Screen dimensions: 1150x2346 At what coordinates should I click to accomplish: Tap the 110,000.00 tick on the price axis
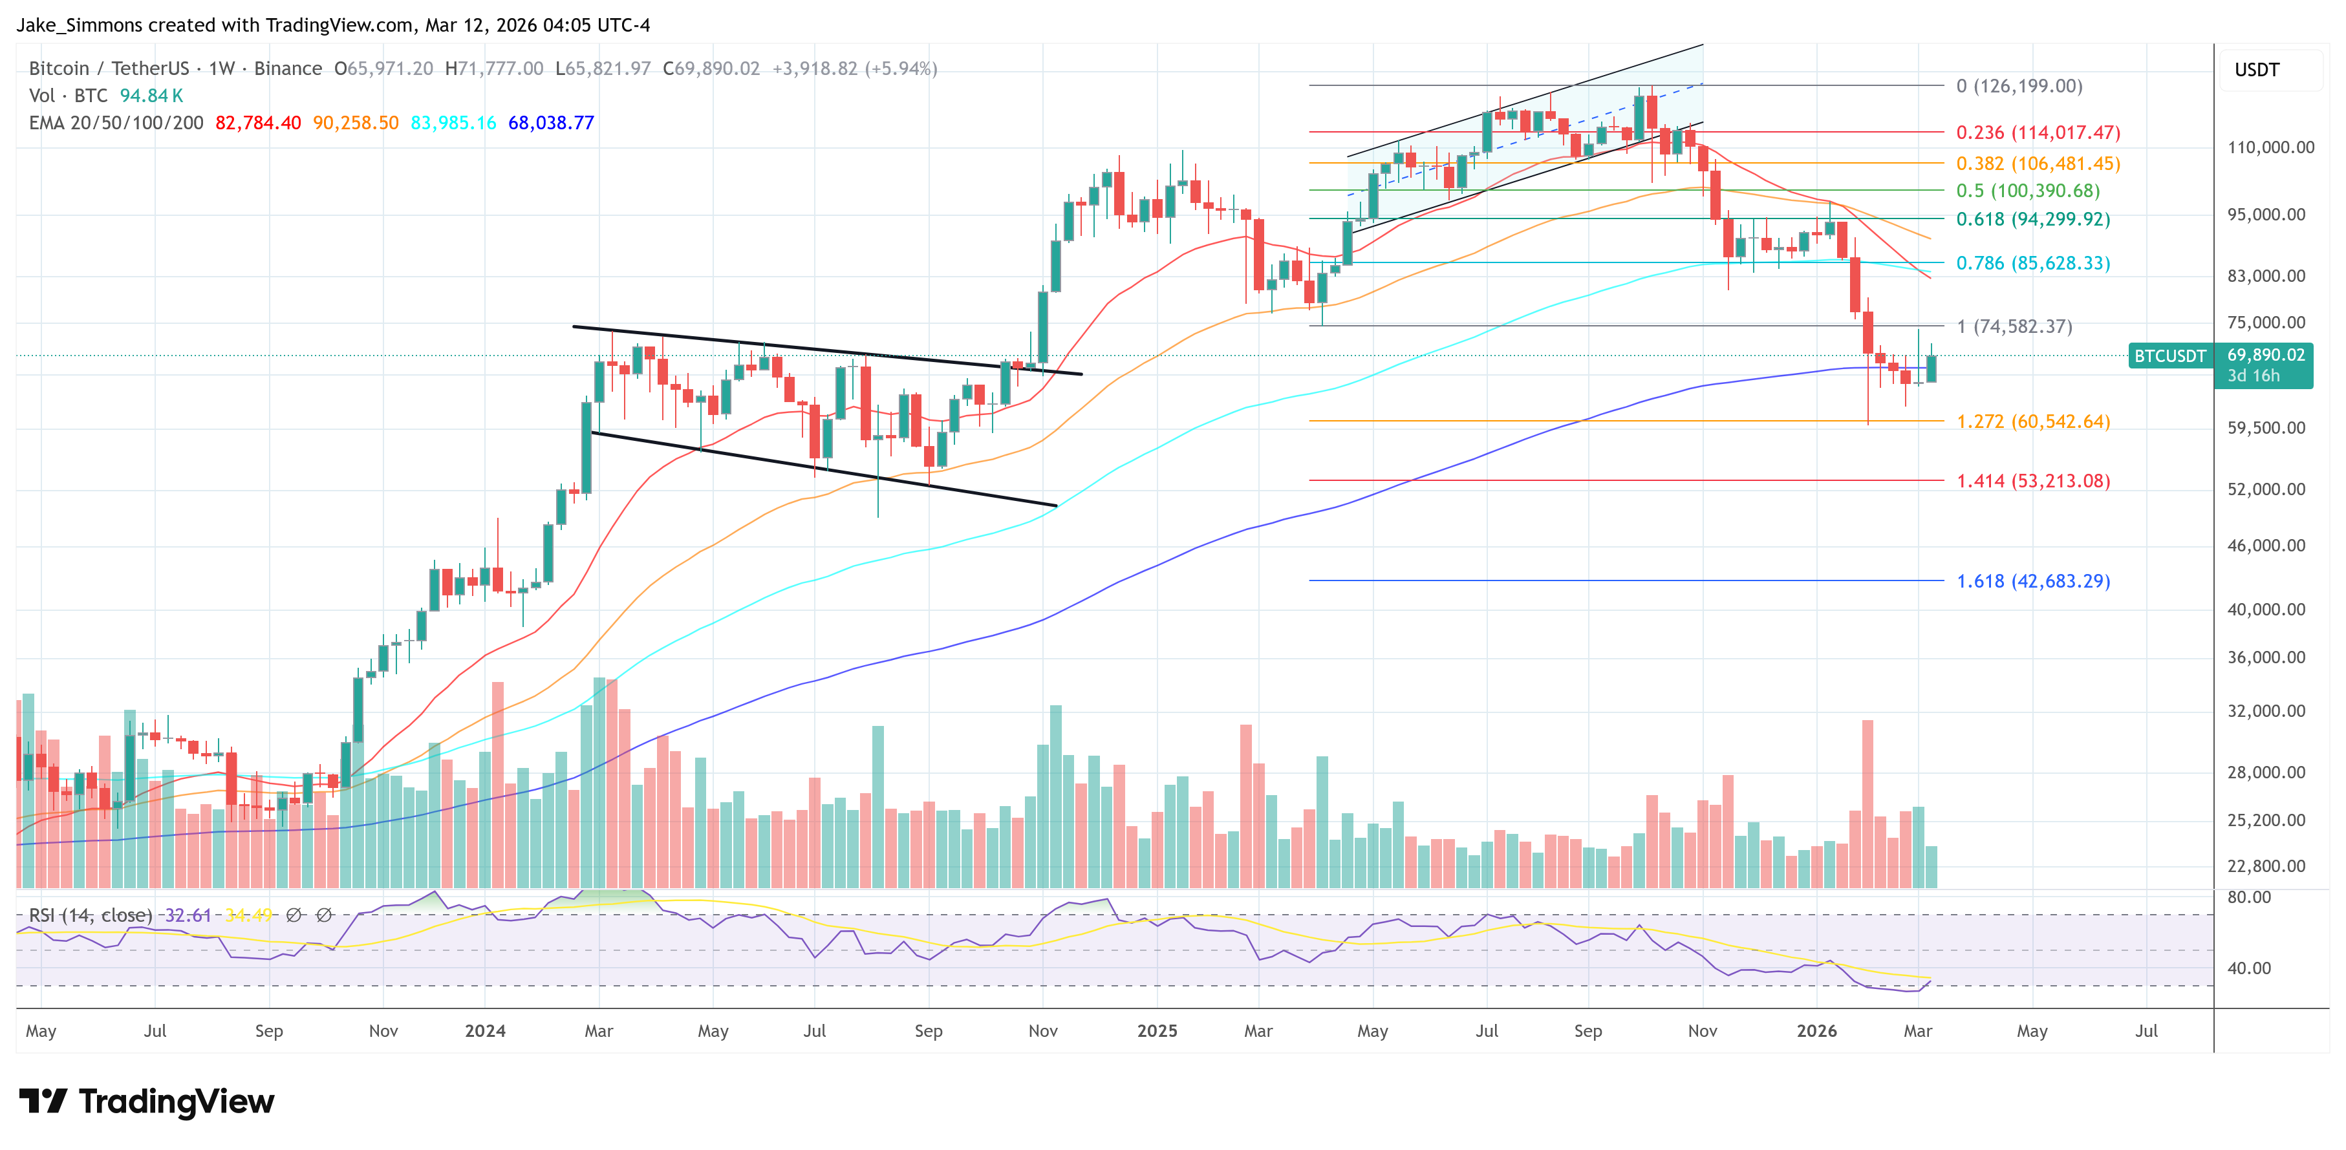click(2270, 147)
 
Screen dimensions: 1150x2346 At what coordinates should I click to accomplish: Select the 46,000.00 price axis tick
click(2266, 546)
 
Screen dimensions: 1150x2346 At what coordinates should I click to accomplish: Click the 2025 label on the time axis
click(1157, 1030)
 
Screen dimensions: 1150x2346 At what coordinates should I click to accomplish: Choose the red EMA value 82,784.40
click(258, 123)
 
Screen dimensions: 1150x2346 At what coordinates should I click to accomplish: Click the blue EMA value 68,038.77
click(551, 123)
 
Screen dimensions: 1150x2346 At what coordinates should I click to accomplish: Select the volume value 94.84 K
click(151, 96)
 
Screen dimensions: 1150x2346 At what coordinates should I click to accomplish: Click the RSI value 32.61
click(188, 915)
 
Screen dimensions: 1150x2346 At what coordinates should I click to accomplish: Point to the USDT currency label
click(2257, 70)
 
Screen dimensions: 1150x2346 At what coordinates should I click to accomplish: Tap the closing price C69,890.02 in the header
click(711, 69)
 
